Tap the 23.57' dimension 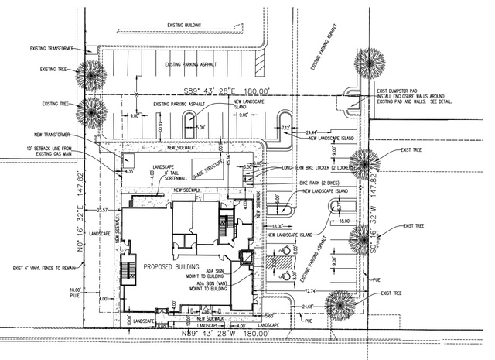tap(101, 210)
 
